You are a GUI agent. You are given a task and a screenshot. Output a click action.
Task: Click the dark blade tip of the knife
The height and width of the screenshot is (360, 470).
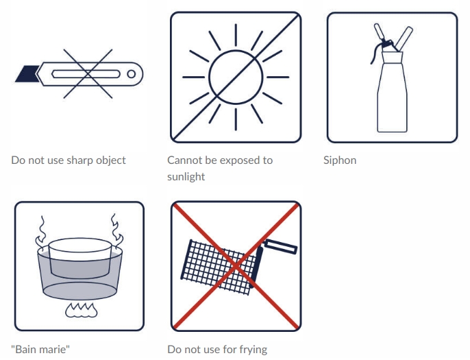(27, 74)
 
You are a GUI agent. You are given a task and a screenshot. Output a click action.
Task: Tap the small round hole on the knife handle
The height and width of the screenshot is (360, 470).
(132, 74)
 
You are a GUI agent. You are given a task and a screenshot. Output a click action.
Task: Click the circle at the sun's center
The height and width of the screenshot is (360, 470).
(236, 77)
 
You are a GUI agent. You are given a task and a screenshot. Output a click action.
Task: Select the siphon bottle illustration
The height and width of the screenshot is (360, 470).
(391, 78)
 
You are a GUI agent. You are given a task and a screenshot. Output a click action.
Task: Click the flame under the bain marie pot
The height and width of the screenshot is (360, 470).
(82, 310)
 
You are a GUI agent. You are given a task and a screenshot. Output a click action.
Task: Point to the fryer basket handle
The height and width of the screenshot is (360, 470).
(281, 247)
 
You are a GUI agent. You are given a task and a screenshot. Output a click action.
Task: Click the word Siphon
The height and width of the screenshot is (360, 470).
(340, 160)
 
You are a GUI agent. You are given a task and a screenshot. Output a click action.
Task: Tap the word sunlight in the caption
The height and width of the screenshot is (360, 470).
(186, 176)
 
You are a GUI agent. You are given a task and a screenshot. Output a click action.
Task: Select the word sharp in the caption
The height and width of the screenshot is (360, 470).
(79, 160)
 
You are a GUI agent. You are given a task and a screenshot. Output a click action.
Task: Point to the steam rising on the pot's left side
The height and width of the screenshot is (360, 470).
(41, 230)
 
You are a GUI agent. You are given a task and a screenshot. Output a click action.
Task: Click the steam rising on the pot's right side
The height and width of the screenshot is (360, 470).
(116, 230)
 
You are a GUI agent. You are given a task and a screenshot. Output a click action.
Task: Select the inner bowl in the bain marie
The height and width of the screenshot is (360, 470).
(80, 258)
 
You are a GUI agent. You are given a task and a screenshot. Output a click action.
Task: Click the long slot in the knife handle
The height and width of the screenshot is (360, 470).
(86, 74)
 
